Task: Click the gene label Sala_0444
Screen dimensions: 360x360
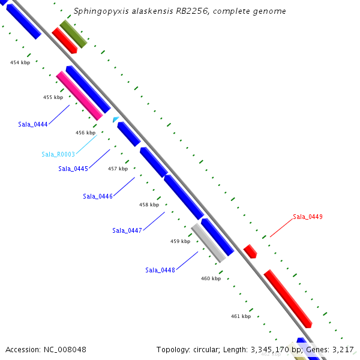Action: pyautogui.click(x=32, y=125)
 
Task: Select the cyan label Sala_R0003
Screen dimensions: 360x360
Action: pyautogui.click(x=58, y=155)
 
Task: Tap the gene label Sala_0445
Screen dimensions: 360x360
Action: pyautogui.click(x=73, y=169)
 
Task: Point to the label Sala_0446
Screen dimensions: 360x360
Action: pyautogui.click(x=98, y=196)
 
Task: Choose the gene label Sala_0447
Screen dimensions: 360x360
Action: pyautogui.click(x=127, y=230)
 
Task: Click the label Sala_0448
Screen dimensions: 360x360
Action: pyautogui.click(x=160, y=270)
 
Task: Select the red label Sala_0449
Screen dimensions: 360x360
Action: pyautogui.click(x=308, y=217)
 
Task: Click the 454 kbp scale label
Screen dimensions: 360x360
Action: pyautogui.click(x=20, y=62)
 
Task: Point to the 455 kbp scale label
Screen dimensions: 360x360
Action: pyautogui.click(x=53, y=97)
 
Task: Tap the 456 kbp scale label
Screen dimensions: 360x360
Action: pyautogui.click(x=85, y=133)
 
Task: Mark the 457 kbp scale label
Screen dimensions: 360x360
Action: pyautogui.click(x=118, y=169)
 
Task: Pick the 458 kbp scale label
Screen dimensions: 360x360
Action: pyautogui.click(x=149, y=205)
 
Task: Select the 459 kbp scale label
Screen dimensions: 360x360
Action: pyautogui.click(x=180, y=241)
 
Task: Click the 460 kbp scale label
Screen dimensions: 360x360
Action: pyautogui.click(x=211, y=278)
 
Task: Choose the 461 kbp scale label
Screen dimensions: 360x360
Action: pyautogui.click(x=241, y=316)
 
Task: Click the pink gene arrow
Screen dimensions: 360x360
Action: pyautogui.click(x=80, y=96)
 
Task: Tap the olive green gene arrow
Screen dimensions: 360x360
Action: pyautogui.click(x=73, y=34)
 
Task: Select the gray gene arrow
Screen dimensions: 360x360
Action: pyautogui.click(x=209, y=243)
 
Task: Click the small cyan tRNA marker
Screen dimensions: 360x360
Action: pyautogui.click(x=115, y=120)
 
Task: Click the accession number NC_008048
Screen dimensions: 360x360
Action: pyautogui.click(x=46, y=349)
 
